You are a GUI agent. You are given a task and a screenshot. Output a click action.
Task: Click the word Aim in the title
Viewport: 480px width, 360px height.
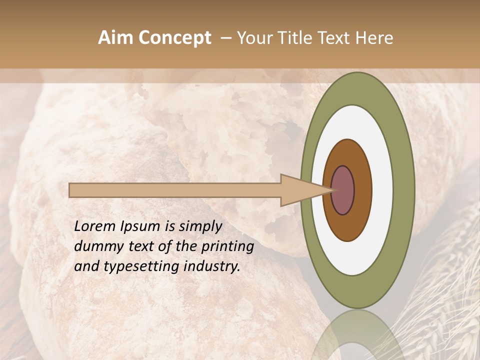115,38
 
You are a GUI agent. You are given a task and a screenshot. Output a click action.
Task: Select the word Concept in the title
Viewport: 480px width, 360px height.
174,38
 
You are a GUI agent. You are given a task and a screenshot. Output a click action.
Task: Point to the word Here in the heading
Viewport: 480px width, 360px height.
374,38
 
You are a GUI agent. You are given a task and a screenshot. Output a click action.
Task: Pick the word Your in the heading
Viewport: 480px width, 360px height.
255,38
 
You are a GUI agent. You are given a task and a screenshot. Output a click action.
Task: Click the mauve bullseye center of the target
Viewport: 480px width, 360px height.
343,190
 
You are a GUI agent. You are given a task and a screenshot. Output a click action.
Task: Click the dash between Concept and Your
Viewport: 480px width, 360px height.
225,38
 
